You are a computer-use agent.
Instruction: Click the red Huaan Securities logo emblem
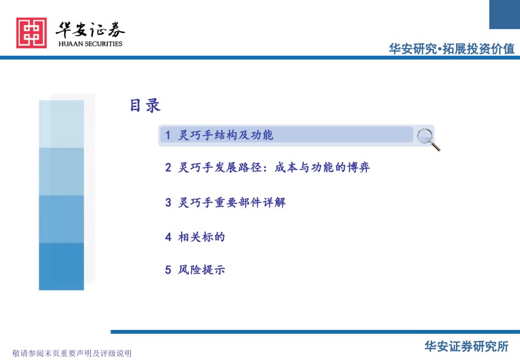coord(32,33)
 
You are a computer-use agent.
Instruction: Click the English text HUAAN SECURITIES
coord(90,44)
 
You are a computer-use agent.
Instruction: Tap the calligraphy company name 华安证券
coord(90,30)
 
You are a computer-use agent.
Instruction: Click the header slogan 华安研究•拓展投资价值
coord(452,49)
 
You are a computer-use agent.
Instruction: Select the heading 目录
coord(145,106)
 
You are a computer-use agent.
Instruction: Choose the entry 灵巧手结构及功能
coord(226,135)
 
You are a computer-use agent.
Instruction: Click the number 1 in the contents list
coord(168,135)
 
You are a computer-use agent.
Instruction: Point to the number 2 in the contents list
coord(168,167)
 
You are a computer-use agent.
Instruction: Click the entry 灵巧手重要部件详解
coord(232,202)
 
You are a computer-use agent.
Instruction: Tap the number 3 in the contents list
coord(168,202)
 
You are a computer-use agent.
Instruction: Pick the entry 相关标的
coord(201,237)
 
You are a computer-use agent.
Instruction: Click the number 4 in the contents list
coord(168,237)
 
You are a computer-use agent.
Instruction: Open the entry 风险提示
coord(201,270)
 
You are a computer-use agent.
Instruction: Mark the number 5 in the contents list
coord(168,270)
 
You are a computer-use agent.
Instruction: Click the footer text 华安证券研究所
coord(466,346)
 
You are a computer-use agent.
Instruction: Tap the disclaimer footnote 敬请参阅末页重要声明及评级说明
coord(72,353)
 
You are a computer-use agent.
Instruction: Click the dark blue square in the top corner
coord(505,14)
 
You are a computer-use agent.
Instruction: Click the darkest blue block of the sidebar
coord(61,266)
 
